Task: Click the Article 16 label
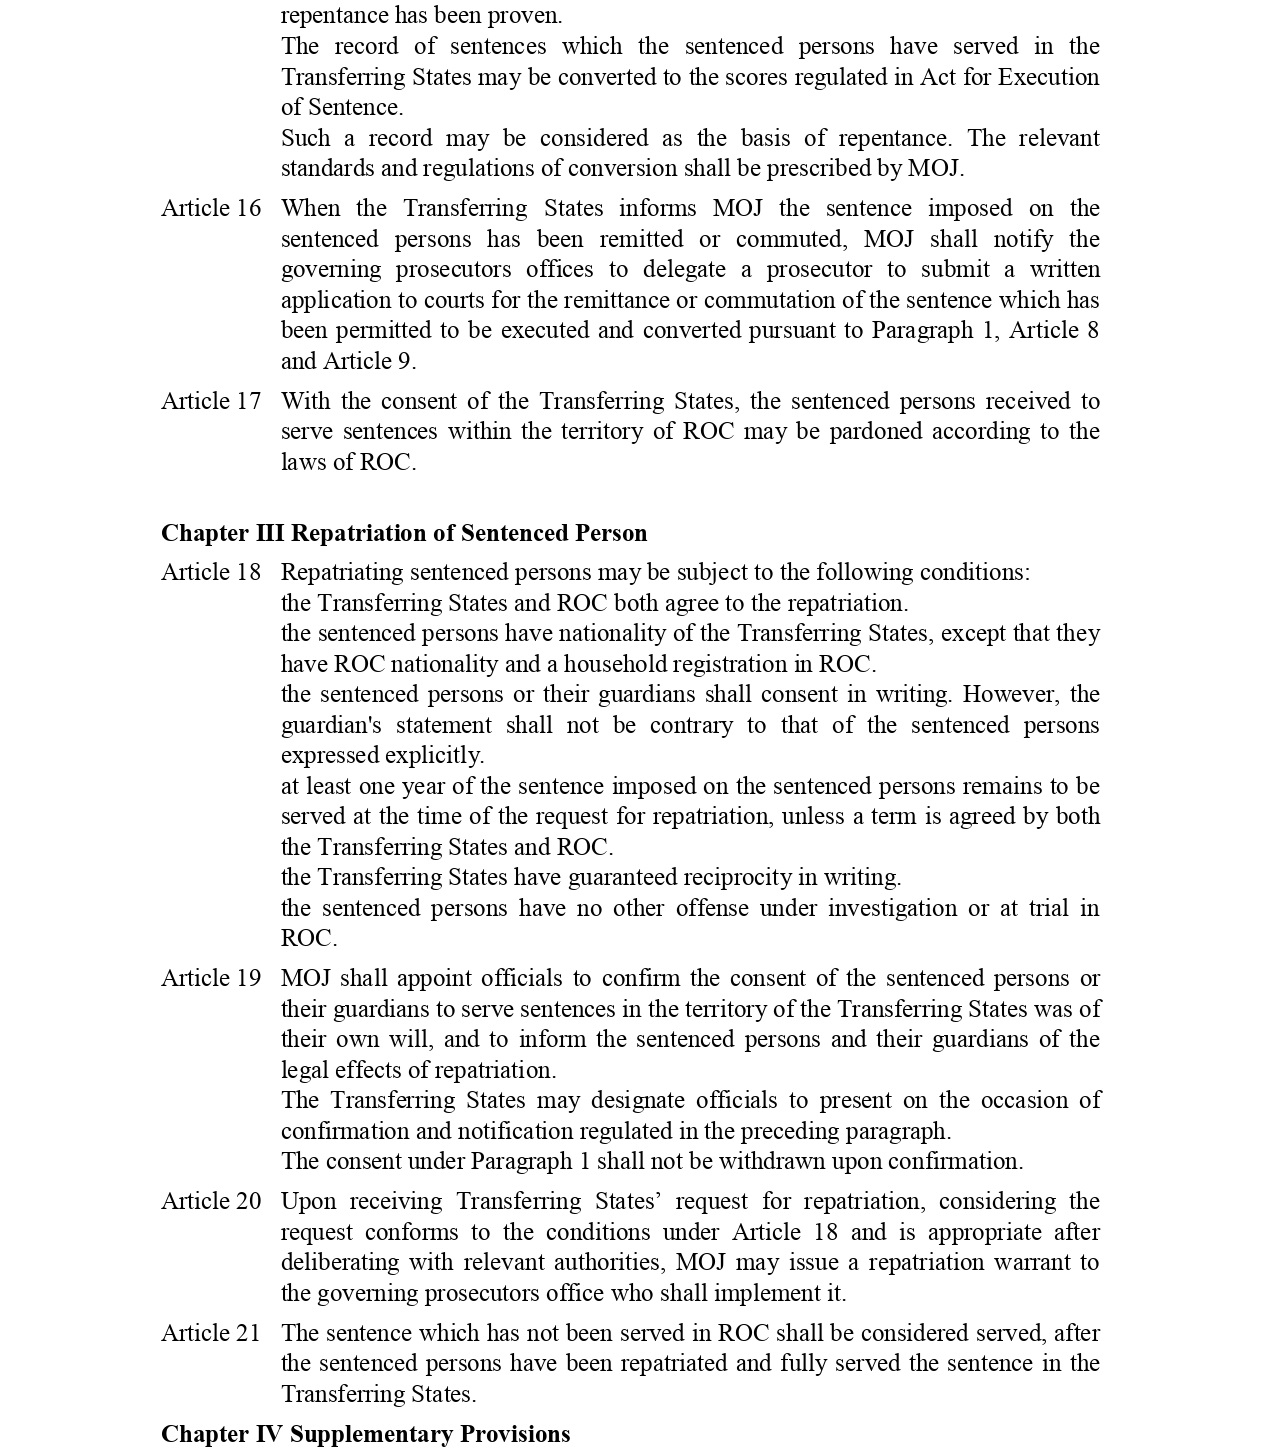tap(211, 208)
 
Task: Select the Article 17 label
tap(211, 401)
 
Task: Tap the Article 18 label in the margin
tap(211, 572)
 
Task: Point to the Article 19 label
tap(211, 978)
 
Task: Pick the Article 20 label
tap(211, 1201)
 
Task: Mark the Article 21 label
tap(211, 1333)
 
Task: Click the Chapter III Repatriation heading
tap(404, 533)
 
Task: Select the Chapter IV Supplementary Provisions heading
tap(365, 1434)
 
